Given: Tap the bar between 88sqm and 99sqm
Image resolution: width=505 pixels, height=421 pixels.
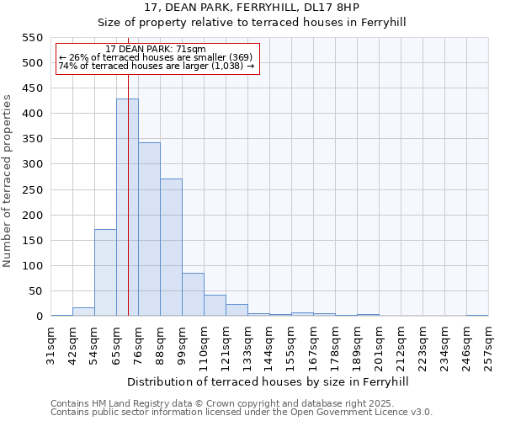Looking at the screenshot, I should click(171, 248).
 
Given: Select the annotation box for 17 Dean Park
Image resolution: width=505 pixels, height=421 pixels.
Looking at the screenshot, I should click(157, 58).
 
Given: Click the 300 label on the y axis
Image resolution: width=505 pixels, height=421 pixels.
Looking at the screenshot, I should click(31, 164).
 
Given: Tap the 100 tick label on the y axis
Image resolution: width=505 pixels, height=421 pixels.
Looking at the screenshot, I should click(31, 266).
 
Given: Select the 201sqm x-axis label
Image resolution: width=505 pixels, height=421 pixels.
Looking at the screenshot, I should click(380, 345).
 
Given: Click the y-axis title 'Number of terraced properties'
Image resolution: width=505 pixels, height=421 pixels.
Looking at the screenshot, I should click(8, 181).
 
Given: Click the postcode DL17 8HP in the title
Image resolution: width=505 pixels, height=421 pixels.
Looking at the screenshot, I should click(337, 8).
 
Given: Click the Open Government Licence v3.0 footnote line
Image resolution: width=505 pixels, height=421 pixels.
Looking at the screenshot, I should click(242, 413).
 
